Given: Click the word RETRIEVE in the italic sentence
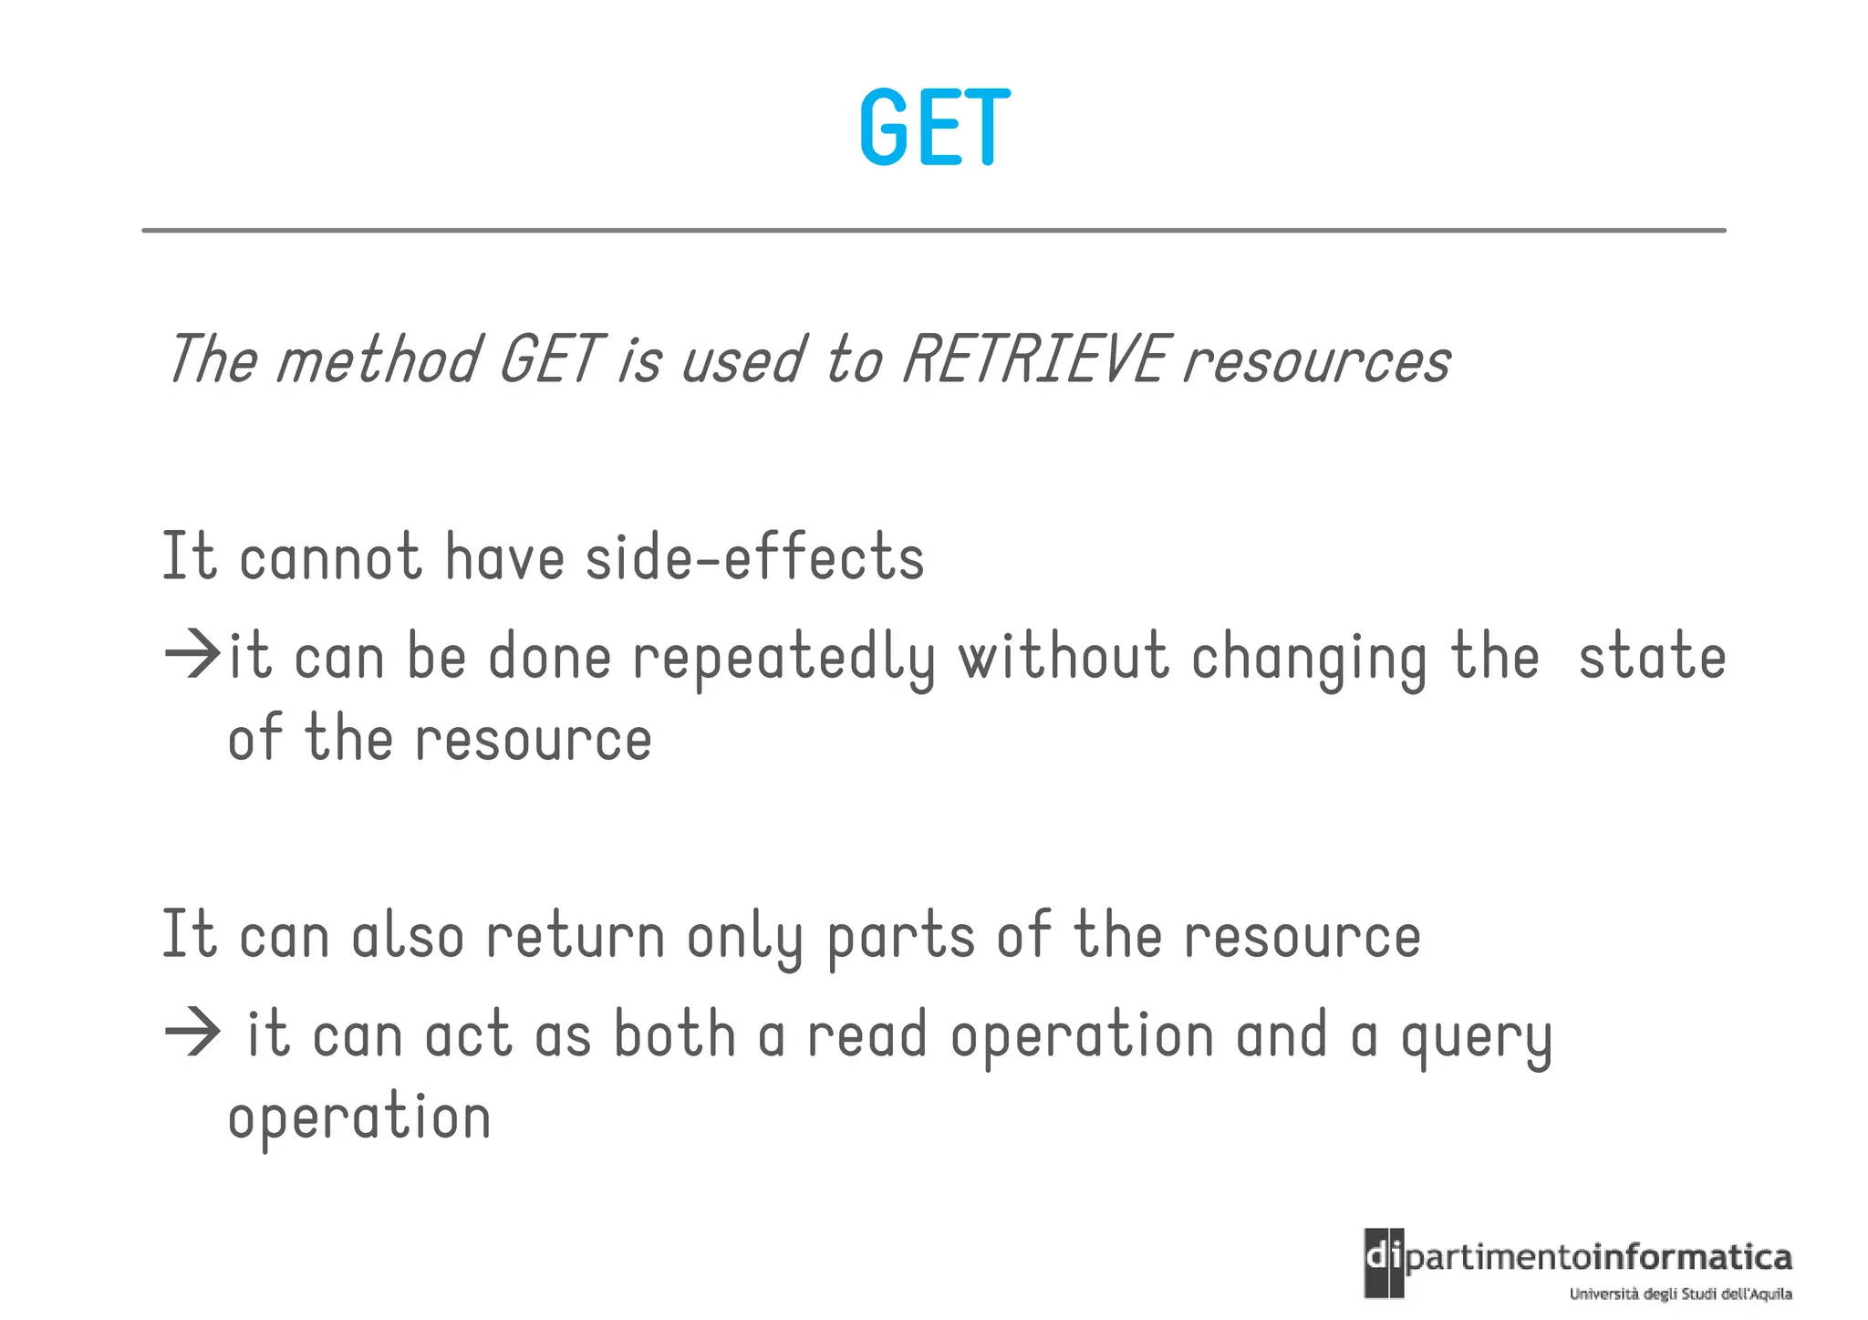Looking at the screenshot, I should coord(1034,359).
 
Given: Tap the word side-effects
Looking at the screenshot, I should coord(754,556).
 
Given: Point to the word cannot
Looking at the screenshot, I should coord(330,556).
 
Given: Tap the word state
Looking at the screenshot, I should coord(1652,657).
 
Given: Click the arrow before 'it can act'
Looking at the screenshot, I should coord(192,1033).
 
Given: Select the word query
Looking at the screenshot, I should coord(1476,1038).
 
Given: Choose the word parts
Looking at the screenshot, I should coord(901,938).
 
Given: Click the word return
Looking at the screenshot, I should coord(576,936).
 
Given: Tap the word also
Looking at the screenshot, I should coord(408,936).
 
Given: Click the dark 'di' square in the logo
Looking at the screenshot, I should coord(1384,1263).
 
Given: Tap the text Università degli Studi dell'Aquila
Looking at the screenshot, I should coord(1680,1294).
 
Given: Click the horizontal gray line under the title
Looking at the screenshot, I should coord(934,231).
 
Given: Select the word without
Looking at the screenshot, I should coord(1063,657).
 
